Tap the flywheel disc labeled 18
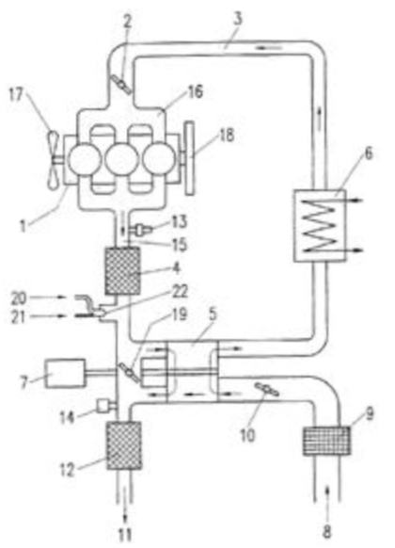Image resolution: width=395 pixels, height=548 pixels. pyautogui.click(x=189, y=157)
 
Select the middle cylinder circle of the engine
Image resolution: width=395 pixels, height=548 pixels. pyautogui.click(x=121, y=159)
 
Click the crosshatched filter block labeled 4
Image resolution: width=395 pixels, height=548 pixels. pyautogui.click(x=123, y=270)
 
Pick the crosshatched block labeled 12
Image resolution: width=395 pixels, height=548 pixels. pyautogui.click(x=124, y=445)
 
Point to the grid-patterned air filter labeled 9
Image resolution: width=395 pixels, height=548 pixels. pyautogui.click(x=326, y=441)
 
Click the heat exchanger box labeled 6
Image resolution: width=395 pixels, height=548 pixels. pyautogui.click(x=320, y=225)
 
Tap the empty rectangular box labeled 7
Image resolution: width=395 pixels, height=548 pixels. pyautogui.click(x=65, y=373)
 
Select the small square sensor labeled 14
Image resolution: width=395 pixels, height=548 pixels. pyautogui.click(x=103, y=406)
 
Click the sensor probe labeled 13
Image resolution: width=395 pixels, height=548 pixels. pyautogui.click(x=143, y=230)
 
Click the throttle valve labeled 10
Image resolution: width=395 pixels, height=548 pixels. pyautogui.click(x=266, y=389)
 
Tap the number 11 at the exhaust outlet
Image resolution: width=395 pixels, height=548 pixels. pyautogui.click(x=124, y=535)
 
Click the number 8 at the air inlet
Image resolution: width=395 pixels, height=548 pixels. pyautogui.click(x=326, y=533)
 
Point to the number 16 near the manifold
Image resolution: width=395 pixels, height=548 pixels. pyautogui.click(x=195, y=91)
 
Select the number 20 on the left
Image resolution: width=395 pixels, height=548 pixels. pyautogui.click(x=19, y=298)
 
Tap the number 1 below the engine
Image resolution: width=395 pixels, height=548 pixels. pyautogui.click(x=23, y=225)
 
